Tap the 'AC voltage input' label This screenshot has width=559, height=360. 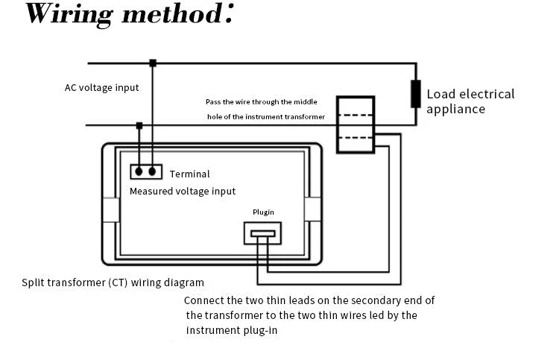[x=101, y=87]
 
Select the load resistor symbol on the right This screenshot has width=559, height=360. [x=415, y=95]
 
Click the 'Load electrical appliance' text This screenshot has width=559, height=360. [x=470, y=101]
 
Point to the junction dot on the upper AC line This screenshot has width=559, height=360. [x=153, y=63]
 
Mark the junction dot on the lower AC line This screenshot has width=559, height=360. [x=139, y=125]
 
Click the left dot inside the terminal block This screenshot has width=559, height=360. [x=139, y=171]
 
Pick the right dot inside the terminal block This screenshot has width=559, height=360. [x=153, y=171]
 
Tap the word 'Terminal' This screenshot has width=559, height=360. [x=190, y=174]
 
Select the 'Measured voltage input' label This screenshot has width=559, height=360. [x=182, y=192]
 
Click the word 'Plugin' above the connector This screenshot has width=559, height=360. [x=263, y=212]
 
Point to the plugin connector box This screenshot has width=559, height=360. [x=263, y=233]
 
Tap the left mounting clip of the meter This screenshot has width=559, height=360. [x=110, y=209]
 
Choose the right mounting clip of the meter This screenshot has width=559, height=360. [x=312, y=209]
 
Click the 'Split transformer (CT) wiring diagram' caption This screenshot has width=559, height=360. [x=113, y=283]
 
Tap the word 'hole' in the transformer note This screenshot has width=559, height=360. [x=215, y=117]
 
